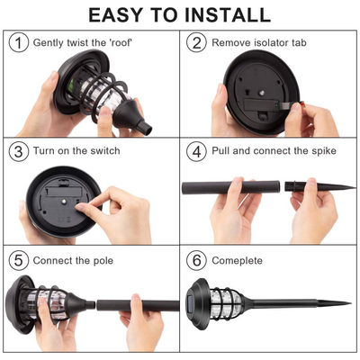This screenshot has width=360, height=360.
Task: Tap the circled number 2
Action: [195, 43]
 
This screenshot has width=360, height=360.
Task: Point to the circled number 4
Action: [195, 151]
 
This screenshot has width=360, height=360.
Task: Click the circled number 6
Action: [195, 261]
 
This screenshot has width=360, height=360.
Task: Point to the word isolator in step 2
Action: [274, 43]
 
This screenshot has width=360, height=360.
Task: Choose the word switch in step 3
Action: [103, 151]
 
